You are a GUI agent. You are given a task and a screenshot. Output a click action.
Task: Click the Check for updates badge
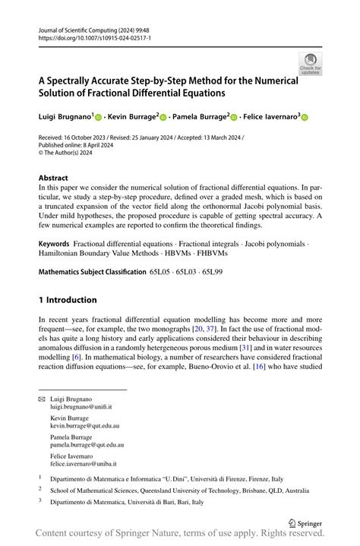[x=310, y=64]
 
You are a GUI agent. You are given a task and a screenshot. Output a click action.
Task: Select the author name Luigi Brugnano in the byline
[x=64, y=117]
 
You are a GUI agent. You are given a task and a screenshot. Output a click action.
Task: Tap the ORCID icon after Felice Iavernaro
[x=305, y=118]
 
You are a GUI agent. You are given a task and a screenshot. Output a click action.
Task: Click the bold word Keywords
[x=59, y=245]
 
